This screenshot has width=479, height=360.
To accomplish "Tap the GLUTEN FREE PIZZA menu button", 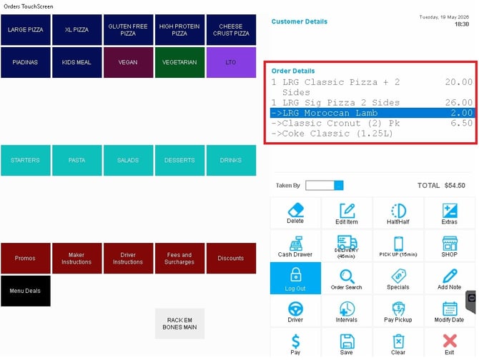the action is pyautogui.click(x=128, y=30).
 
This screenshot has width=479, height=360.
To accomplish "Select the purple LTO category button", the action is pyautogui.click(x=231, y=62).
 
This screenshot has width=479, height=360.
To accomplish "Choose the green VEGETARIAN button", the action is pyautogui.click(x=179, y=62).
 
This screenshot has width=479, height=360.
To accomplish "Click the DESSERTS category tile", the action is pyautogui.click(x=179, y=160).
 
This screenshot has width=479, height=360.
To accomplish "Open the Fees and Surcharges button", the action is pyautogui.click(x=179, y=258).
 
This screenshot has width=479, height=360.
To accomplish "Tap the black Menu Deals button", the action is pyautogui.click(x=25, y=291).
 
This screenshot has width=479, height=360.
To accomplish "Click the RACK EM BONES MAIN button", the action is pyautogui.click(x=179, y=324).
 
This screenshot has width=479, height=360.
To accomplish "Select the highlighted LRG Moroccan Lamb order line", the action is pyautogui.click(x=372, y=113).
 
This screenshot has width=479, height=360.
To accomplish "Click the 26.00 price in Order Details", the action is pyautogui.click(x=458, y=103).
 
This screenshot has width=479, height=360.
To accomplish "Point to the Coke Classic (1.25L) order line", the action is pyautogui.click(x=332, y=134).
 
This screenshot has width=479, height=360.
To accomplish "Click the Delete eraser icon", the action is pyautogui.click(x=296, y=210).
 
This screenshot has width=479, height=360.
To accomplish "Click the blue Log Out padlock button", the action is pyautogui.click(x=295, y=278).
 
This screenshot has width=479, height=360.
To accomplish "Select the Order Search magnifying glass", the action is pyautogui.click(x=347, y=276).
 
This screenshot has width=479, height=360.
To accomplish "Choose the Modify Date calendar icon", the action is pyautogui.click(x=450, y=309).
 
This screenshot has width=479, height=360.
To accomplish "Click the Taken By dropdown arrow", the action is pyautogui.click(x=339, y=185).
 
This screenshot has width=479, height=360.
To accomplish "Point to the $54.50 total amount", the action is pyautogui.click(x=455, y=186).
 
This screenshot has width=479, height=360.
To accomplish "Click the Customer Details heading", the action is pyautogui.click(x=300, y=21).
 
